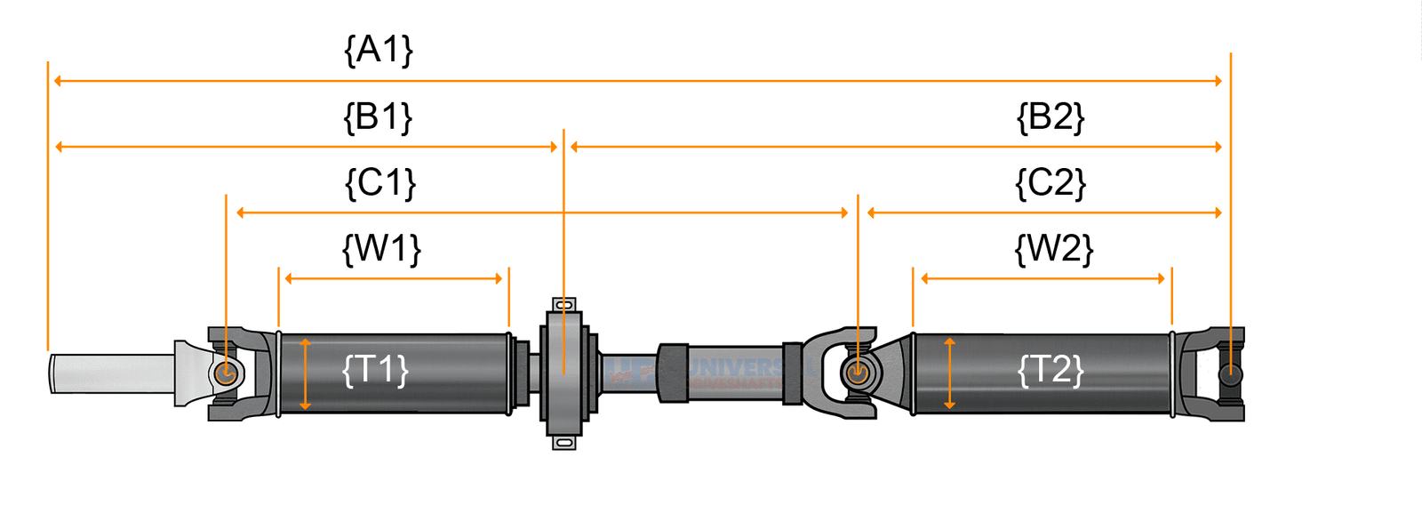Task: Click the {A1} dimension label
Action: [379, 50]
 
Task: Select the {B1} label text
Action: [379, 116]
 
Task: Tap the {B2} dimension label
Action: [1051, 116]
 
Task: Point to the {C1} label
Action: [380, 183]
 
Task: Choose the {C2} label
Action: [1051, 183]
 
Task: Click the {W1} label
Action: [381, 249]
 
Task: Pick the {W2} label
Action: [1054, 249]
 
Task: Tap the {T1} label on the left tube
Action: [375, 369]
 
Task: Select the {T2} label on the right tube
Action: [1051, 369]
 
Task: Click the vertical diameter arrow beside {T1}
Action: [305, 373]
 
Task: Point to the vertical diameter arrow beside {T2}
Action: [949, 373]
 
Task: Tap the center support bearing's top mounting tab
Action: [563, 304]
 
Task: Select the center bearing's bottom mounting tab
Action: [563, 442]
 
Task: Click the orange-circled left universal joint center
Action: [226, 373]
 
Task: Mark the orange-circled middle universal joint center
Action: [857, 373]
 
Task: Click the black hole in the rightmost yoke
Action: [1230, 374]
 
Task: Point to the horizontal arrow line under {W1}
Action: [394, 279]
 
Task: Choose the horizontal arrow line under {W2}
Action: [1043, 279]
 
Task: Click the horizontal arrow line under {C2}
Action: [1044, 212]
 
